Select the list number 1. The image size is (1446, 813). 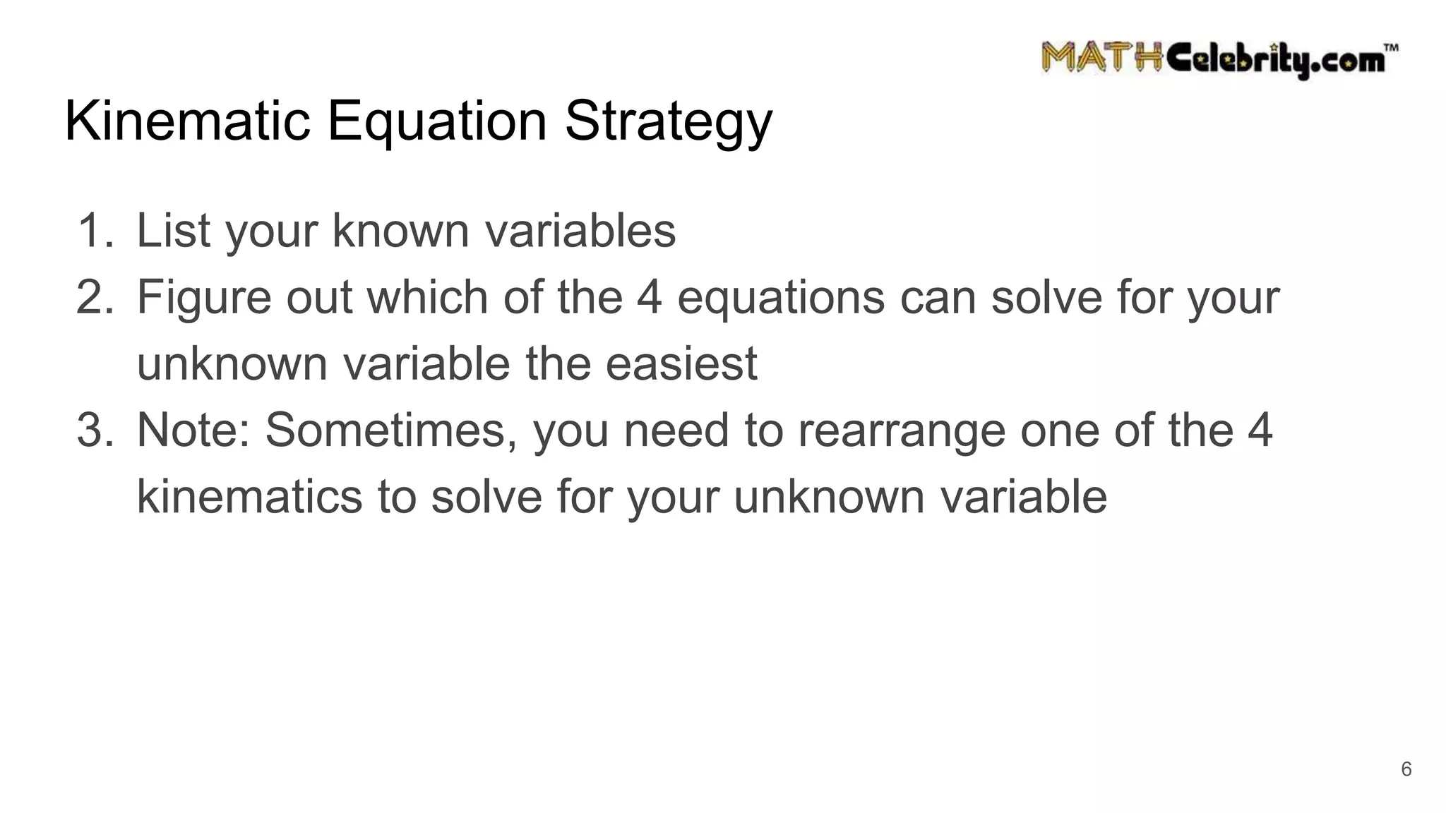94,231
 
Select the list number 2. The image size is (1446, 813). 94,297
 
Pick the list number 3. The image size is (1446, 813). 94,430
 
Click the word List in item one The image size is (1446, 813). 173,231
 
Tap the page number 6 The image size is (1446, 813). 1406,769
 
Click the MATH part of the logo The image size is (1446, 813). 1101,58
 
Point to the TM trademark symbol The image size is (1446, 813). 1390,48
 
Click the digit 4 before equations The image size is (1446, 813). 650,297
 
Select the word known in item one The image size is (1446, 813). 400,231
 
